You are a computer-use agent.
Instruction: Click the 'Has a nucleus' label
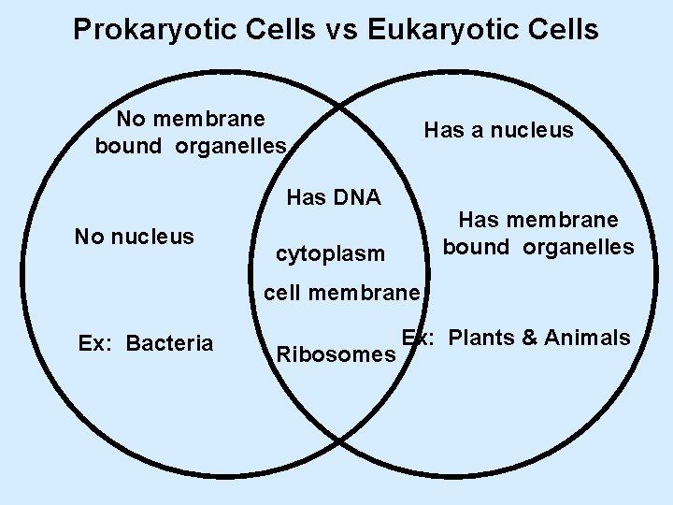coord(498,131)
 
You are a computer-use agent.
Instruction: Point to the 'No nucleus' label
coord(134,236)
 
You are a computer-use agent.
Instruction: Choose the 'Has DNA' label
coord(334,197)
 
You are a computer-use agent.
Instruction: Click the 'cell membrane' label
coord(342,294)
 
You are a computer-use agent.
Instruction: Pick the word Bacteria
coord(170,343)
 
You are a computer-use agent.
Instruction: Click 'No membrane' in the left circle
coord(191,119)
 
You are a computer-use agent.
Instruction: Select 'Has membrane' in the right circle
coord(537,220)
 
